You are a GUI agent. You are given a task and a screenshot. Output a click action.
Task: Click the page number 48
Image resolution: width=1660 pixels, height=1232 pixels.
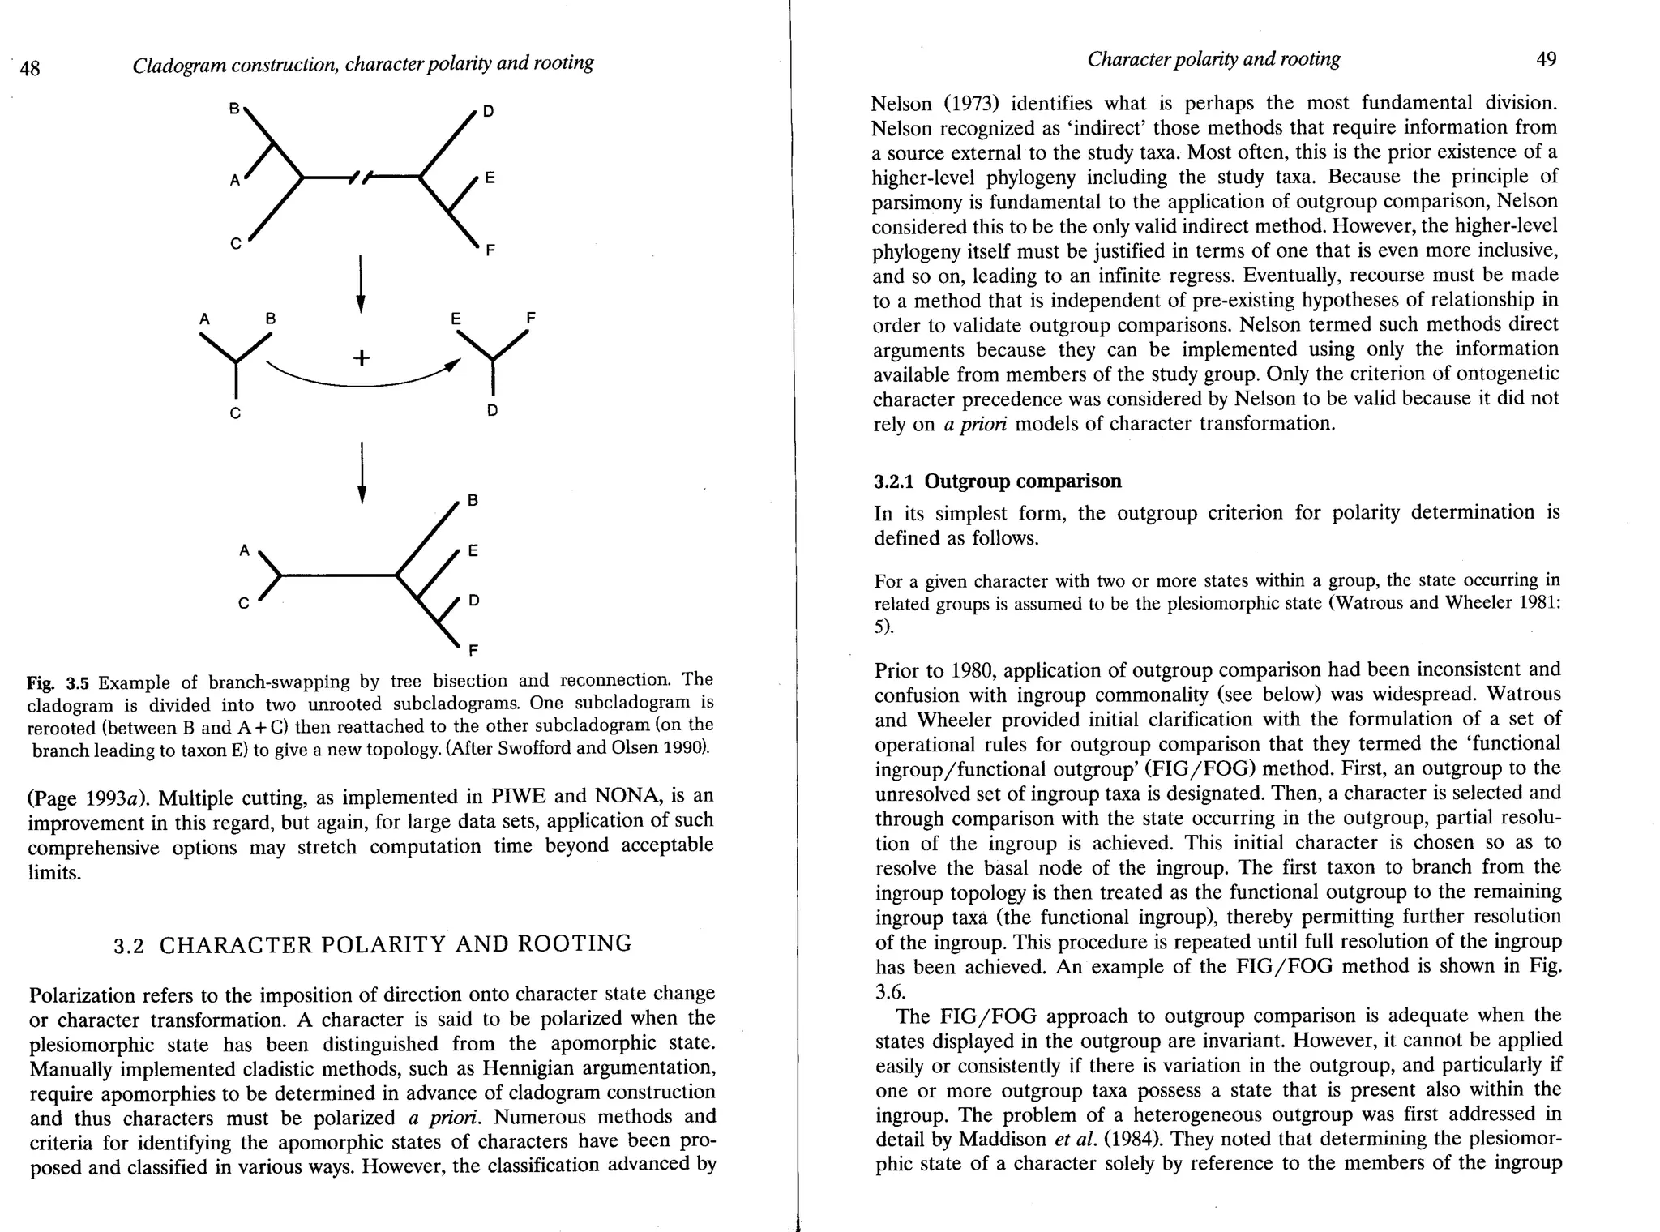pyautogui.click(x=30, y=68)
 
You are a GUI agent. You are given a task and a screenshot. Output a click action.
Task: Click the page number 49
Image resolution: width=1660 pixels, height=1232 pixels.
pyautogui.click(x=1546, y=59)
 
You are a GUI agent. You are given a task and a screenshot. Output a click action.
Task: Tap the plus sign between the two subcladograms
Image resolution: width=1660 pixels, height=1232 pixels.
pyautogui.click(x=362, y=357)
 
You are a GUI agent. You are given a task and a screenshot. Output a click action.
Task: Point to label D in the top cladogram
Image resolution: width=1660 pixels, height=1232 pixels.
pyautogui.click(x=488, y=112)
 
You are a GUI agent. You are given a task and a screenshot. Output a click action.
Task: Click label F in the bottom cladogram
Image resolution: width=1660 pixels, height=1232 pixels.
pyautogui.click(x=473, y=650)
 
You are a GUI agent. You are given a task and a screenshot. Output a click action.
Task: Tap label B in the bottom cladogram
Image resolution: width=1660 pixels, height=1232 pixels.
pyautogui.click(x=473, y=500)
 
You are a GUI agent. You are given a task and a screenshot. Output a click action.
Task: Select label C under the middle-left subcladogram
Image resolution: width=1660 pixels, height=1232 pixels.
pyautogui.click(x=235, y=413)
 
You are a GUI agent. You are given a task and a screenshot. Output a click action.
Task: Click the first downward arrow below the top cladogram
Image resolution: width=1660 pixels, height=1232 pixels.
pyautogui.click(x=361, y=284)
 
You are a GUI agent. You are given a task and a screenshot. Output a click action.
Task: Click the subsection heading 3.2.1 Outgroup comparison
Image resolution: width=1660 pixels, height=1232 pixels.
pyautogui.click(x=997, y=481)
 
